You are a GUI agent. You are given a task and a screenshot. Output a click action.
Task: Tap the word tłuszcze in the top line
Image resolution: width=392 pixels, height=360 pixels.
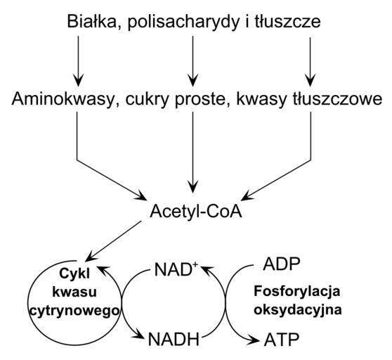click(288, 22)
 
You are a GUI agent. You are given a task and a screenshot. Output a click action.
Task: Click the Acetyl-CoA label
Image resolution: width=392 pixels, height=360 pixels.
click(196, 212)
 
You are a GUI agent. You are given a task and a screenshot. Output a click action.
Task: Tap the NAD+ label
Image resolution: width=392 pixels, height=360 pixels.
click(176, 269)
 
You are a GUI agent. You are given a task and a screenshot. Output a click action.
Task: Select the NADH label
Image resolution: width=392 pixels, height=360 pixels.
click(174, 339)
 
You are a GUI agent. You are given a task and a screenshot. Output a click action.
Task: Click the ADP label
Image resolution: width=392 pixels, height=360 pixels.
click(281, 264)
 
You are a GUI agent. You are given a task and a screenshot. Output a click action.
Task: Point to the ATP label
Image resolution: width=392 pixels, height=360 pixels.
click(282, 340)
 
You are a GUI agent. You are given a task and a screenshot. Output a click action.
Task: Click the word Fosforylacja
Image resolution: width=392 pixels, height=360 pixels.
click(297, 292)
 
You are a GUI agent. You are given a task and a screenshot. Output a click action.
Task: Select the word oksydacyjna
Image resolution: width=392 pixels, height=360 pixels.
click(297, 309)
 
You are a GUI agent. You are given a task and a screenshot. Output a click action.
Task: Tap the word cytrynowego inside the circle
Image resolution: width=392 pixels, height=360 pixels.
click(74, 311)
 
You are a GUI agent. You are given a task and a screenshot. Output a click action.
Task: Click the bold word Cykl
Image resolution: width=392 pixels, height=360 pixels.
click(74, 274)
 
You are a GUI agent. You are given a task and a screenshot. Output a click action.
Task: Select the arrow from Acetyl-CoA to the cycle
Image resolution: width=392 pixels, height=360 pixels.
click(114, 241)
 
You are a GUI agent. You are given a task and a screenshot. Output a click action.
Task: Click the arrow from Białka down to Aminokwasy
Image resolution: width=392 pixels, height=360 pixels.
click(78, 60)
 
